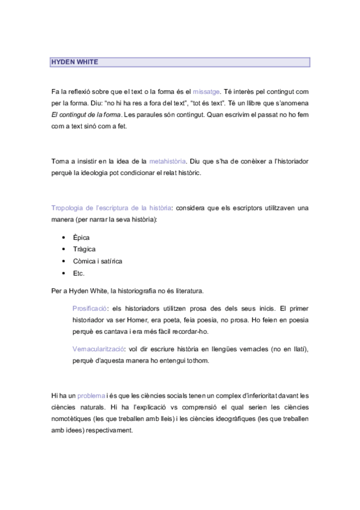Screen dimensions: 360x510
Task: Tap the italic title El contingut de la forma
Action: tap(87, 115)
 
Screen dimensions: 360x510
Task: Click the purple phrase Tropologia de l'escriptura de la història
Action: tap(111, 208)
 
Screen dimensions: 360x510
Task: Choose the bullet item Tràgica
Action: tap(84, 249)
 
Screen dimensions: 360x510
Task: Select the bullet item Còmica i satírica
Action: tap(97, 261)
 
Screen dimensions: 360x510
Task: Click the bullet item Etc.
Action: tap(79, 273)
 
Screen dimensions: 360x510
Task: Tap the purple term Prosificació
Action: tap(90, 308)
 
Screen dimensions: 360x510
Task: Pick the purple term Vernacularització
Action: tap(99, 349)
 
